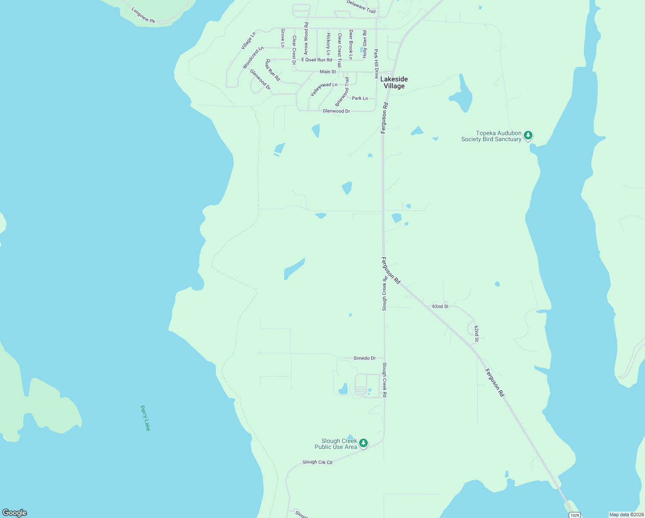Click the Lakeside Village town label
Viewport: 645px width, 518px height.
pos(394,82)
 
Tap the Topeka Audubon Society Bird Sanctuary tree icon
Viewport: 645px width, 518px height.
pos(528,136)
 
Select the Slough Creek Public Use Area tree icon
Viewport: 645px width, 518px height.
pos(363,443)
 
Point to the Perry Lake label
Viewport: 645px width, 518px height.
pos(145,418)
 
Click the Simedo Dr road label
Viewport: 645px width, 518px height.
pos(364,358)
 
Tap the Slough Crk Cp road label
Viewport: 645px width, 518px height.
pos(317,462)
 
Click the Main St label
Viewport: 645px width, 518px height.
pos(328,72)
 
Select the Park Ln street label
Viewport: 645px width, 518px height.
pos(360,98)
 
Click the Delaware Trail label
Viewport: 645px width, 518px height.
pos(361,6)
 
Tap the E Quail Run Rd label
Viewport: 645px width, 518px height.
pos(317,60)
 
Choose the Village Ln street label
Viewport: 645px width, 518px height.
pos(248,41)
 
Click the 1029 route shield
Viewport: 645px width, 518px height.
pos(574,515)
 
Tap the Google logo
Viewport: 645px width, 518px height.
pos(14,513)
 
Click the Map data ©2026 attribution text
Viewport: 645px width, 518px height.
pos(626,515)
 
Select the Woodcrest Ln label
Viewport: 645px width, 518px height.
pos(253,57)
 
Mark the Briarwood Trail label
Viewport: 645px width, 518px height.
pos(343,92)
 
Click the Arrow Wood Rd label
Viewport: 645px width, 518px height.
pos(306,38)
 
